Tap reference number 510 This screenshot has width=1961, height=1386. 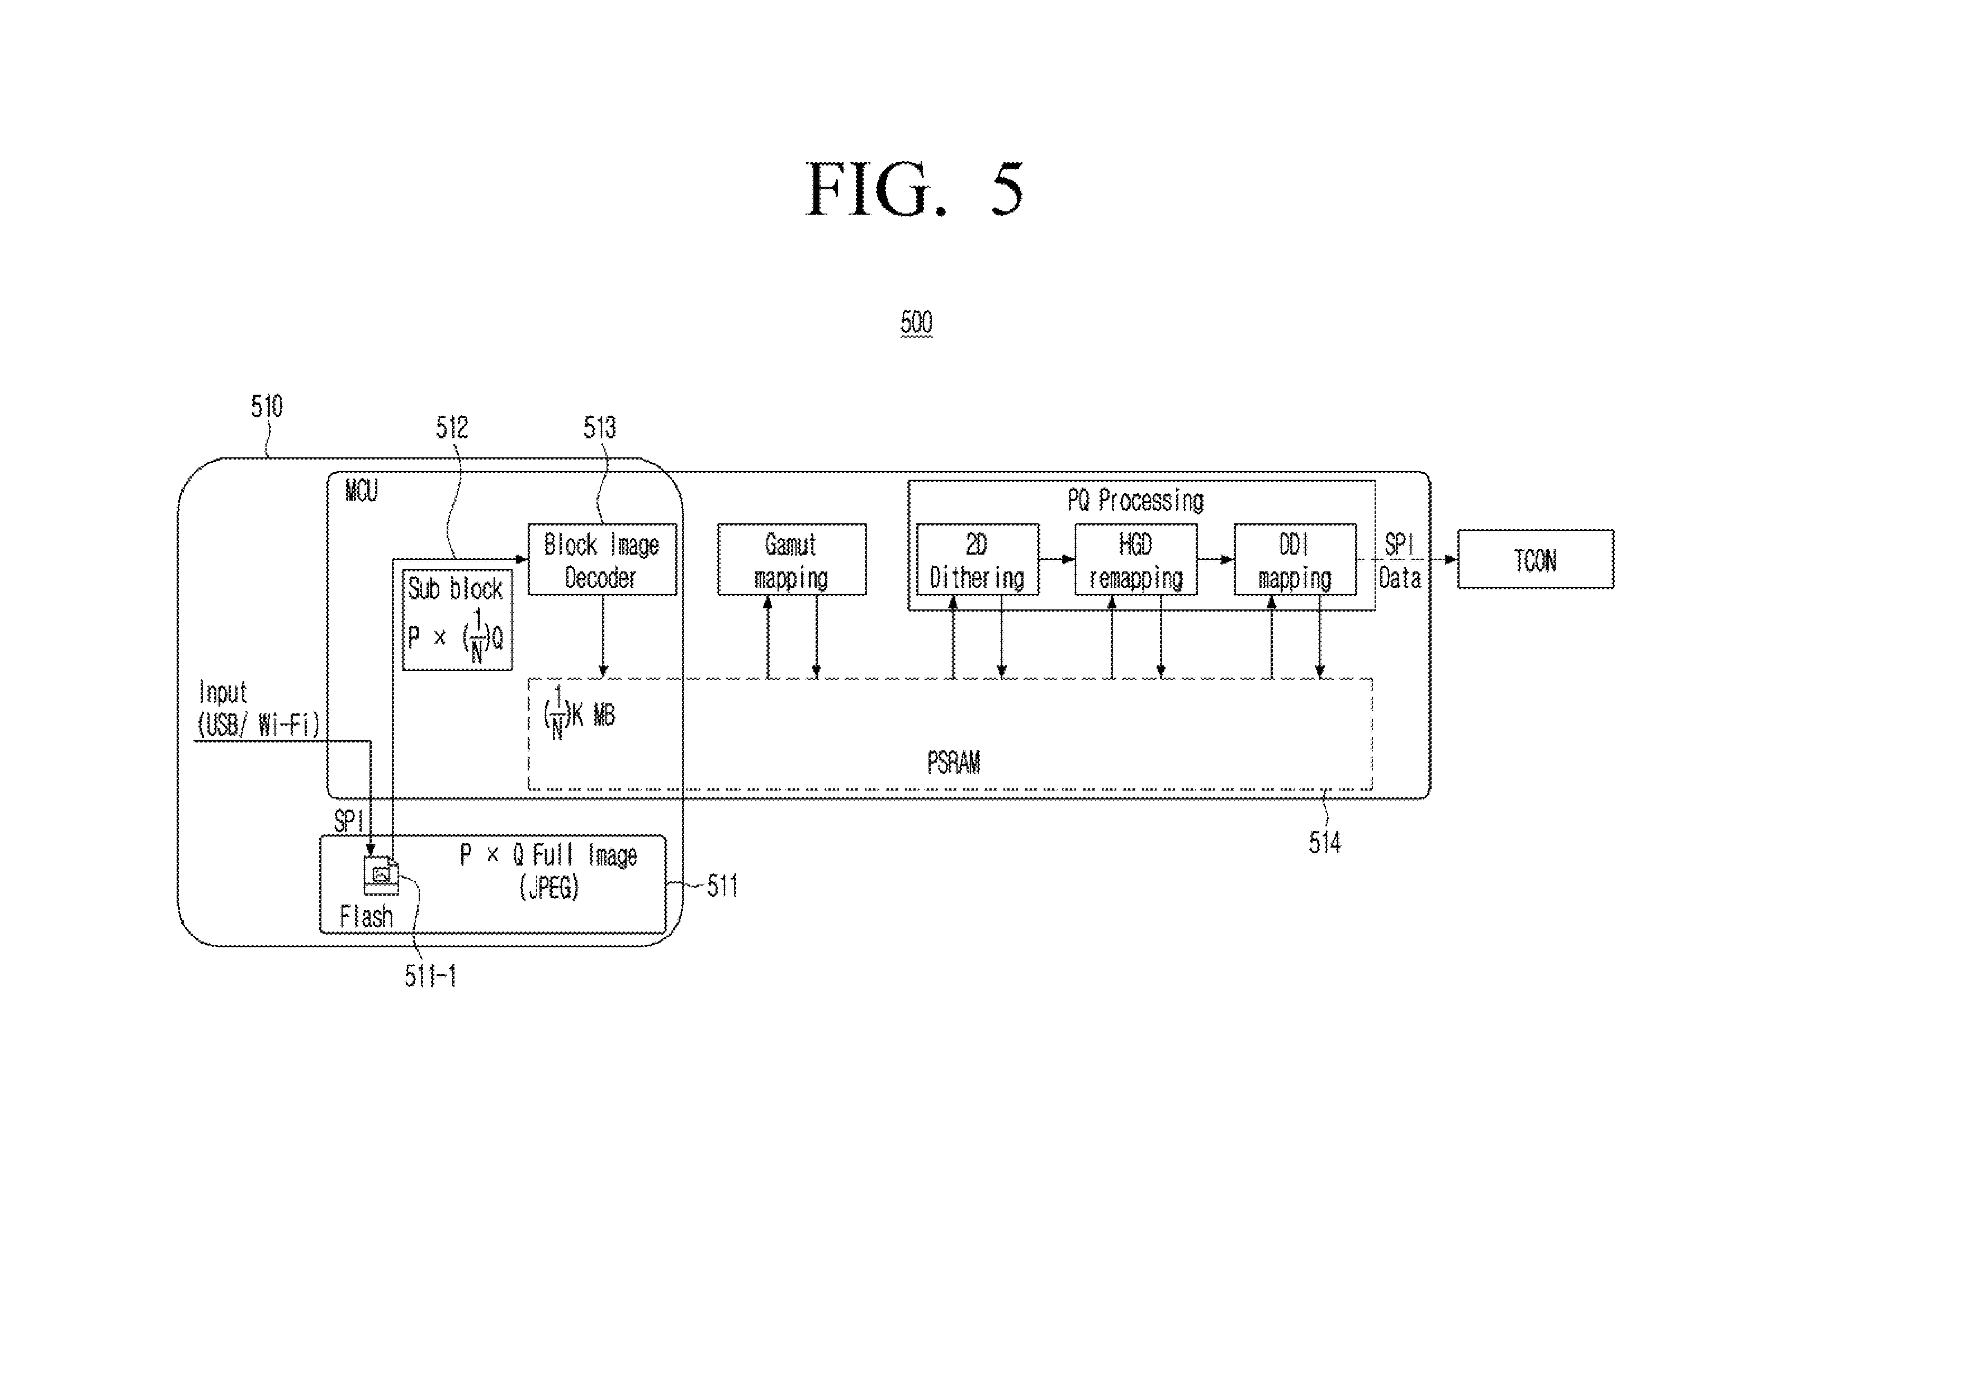[x=267, y=406]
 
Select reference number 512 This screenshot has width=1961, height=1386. [x=452, y=428]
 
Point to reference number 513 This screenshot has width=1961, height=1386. [x=600, y=428]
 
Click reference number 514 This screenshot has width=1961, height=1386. [x=1325, y=843]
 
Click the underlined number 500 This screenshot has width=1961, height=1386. [x=916, y=323]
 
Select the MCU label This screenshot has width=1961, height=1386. [x=361, y=491]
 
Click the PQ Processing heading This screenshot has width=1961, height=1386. [x=1136, y=500]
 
